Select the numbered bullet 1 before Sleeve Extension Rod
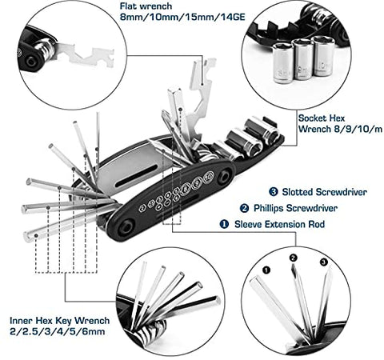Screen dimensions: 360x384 (225, 225)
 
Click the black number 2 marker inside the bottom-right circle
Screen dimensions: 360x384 (294, 258)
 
